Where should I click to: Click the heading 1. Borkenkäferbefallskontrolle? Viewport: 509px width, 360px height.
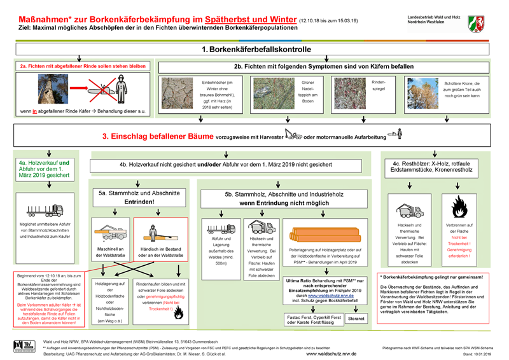256,49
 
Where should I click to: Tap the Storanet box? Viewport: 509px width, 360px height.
356,317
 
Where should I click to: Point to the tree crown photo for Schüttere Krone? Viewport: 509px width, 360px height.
423,93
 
